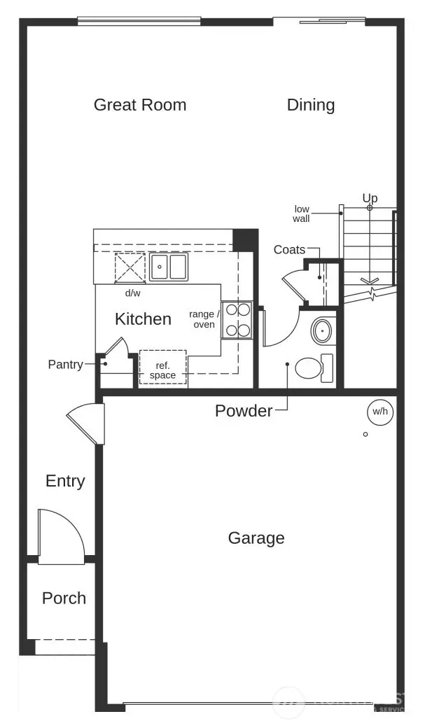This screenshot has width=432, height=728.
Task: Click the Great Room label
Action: (x=140, y=105)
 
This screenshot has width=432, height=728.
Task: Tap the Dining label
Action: (x=311, y=105)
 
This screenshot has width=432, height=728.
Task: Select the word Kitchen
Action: (x=143, y=319)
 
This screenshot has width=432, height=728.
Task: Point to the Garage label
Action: (x=256, y=538)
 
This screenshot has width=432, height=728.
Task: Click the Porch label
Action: (x=64, y=598)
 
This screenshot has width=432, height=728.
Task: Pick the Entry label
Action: (x=65, y=481)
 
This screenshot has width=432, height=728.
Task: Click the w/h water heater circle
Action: (x=380, y=412)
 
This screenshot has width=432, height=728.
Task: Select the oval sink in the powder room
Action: (x=322, y=331)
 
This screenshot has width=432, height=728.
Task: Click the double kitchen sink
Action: (x=169, y=267)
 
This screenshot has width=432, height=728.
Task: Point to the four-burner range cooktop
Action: (x=237, y=320)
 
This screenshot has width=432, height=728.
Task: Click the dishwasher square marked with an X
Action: (x=130, y=267)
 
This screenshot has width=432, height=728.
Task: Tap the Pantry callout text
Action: (x=65, y=365)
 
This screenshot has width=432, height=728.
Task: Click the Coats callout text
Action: (x=289, y=250)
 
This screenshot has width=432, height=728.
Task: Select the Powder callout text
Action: (x=244, y=411)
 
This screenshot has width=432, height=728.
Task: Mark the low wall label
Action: (x=302, y=213)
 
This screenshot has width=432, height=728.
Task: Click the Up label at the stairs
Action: (x=370, y=198)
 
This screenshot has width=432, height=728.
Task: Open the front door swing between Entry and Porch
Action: (x=61, y=536)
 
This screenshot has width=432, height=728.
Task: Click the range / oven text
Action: (x=204, y=319)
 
